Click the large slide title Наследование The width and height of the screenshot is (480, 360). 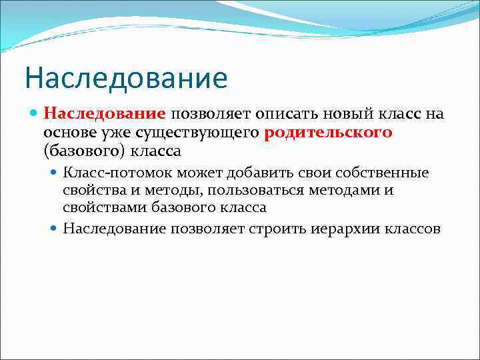(x=126, y=78)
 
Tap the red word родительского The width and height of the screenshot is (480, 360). (x=328, y=132)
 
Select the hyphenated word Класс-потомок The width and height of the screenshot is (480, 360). (x=111, y=173)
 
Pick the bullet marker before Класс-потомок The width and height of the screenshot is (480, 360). (x=55, y=173)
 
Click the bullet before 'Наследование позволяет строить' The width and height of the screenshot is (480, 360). (x=55, y=229)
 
